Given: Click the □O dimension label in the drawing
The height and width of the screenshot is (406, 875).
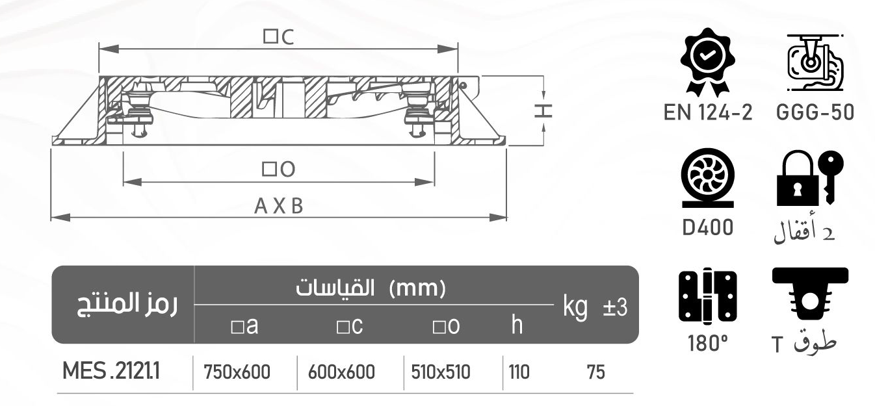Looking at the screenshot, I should (x=278, y=170).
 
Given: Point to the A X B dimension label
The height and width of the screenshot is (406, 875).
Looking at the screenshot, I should (x=278, y=207).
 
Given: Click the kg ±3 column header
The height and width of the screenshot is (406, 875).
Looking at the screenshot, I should (x=594, y=306).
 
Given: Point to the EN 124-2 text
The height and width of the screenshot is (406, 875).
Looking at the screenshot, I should (x=707, y=113).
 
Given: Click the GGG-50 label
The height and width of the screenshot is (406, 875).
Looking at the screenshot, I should (x=815, y=113).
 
